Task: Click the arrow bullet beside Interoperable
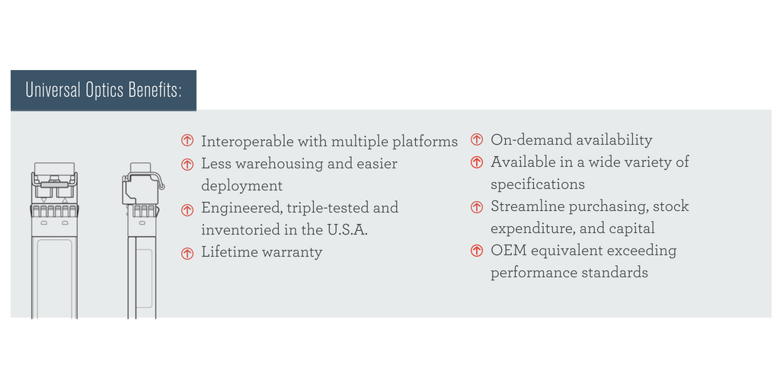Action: click(187, 141)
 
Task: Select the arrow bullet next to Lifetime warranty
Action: click(187, 253)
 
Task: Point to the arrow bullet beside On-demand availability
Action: click(477, 140)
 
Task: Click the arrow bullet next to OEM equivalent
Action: click(477, 251)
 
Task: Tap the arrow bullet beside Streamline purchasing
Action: click(477, 206)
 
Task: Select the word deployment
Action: click(241, 187)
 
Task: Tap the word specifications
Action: click(537, 184)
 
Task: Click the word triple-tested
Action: click(328, 208)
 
